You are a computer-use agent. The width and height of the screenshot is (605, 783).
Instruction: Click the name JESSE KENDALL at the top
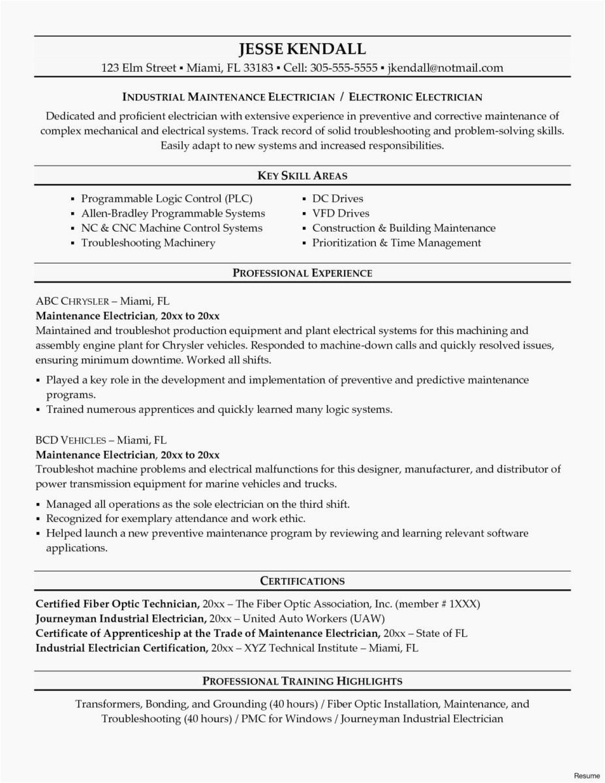(302, 49)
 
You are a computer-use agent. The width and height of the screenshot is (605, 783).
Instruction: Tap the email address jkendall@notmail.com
(445, 68)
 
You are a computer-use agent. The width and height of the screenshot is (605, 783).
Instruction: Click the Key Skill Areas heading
(302, 176)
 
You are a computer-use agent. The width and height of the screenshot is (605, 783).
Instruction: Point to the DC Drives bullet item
(337, 198)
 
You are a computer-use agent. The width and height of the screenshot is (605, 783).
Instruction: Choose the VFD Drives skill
(340, 213)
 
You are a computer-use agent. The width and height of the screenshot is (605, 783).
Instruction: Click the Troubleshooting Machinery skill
(147, 243)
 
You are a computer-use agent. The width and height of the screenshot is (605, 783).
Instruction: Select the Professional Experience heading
(302, 273)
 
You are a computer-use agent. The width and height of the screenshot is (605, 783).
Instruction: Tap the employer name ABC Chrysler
(72, 301)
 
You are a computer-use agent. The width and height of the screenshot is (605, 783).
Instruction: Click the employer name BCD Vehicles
(73, 440)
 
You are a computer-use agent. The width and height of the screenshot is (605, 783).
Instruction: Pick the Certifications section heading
(302, 581)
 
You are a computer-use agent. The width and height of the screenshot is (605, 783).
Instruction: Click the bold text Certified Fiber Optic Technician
(117, 604)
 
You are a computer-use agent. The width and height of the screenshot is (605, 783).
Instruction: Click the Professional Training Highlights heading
(302, 681)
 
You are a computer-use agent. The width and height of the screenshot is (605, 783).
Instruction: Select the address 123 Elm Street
(138, 68)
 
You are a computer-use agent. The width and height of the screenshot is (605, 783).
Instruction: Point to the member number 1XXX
(463, 604)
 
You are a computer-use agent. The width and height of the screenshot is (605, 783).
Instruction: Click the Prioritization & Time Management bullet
(396, 243)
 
